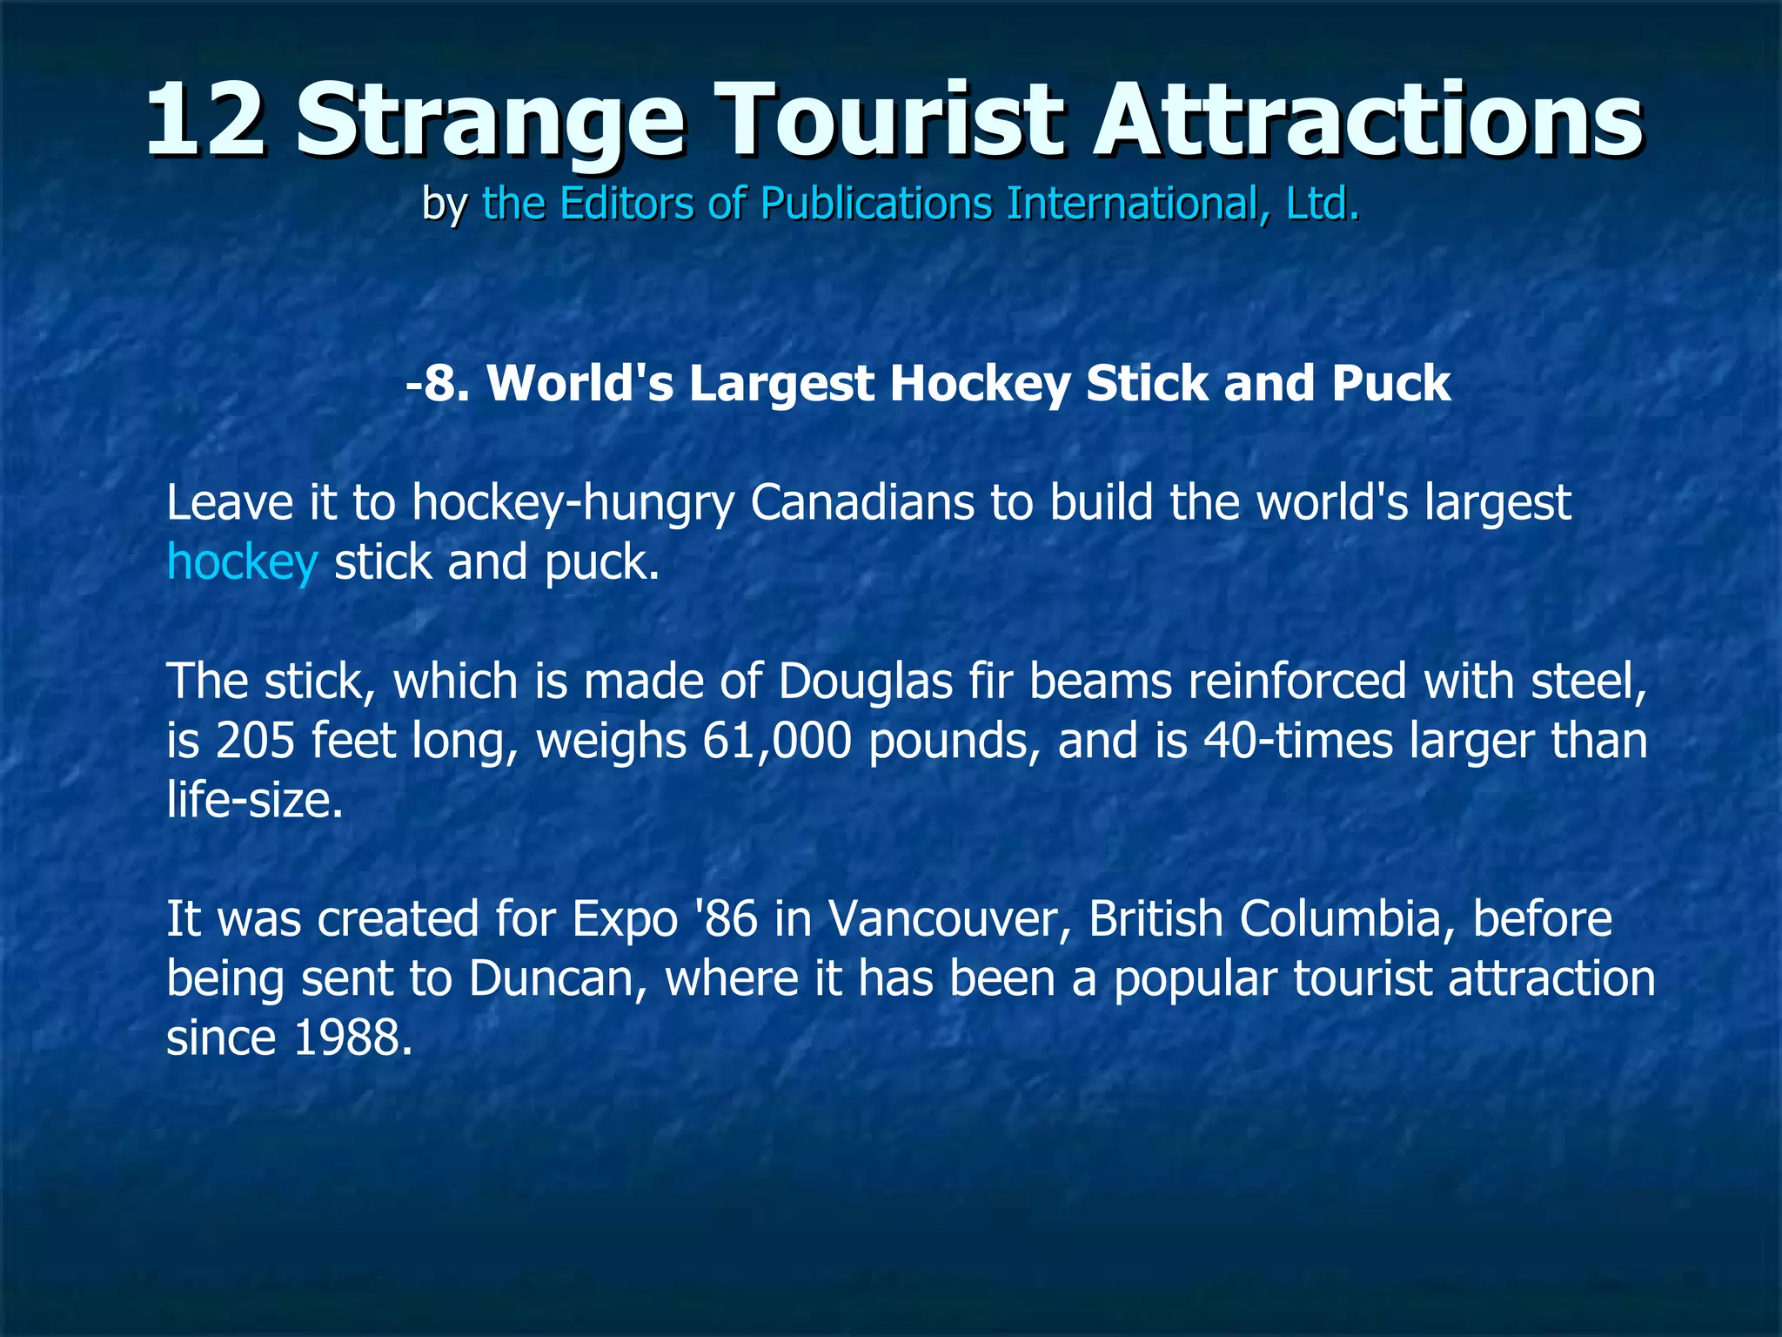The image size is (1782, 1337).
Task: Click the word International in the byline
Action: [1129, 204]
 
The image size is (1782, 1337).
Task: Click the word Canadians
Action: [861, 503]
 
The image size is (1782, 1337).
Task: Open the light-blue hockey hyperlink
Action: [242, 562]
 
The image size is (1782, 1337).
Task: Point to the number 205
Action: [255, 741]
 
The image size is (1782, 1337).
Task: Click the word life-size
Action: [254, 800]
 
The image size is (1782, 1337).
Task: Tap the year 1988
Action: [352, 1038]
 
